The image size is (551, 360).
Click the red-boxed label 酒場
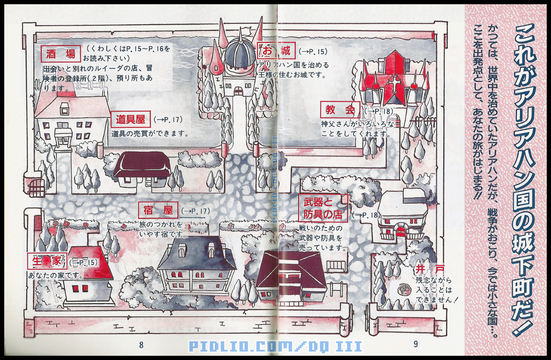(x=61, y=54)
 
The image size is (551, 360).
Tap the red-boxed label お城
(x=275, y=51)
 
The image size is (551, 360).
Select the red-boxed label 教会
(x=340, y=111)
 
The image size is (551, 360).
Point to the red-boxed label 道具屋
(x=131, y=119)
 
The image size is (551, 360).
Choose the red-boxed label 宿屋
(x=158, y=210)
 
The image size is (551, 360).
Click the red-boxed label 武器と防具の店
(x=323, y=208)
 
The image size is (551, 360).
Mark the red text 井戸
(x=425, y=269)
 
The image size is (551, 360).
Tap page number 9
(x=415, y=344)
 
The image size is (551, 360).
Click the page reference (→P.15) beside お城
(x=313, y=52)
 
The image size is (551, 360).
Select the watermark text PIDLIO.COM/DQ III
(x=275, y=346)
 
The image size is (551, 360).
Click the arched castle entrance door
(x=239, y=91)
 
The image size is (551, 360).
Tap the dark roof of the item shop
(x=142, y=164)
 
